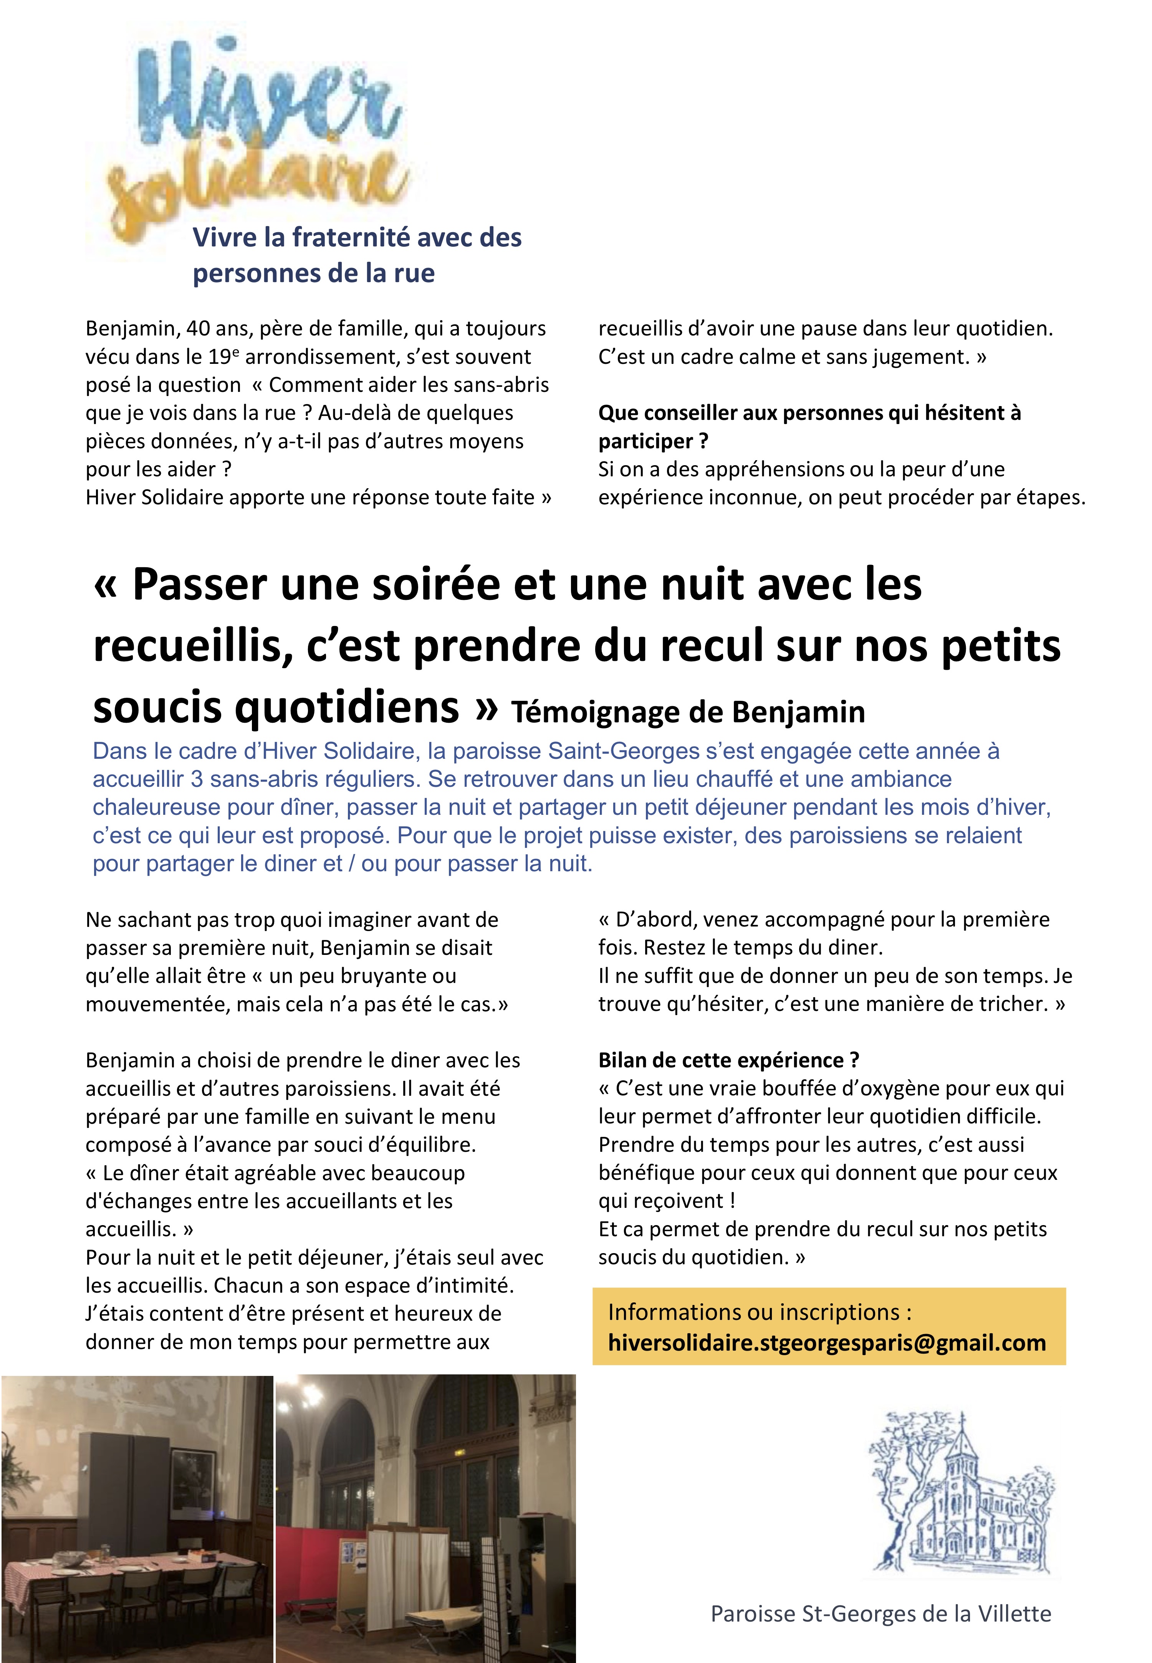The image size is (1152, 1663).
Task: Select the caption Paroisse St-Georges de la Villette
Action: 881,1613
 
